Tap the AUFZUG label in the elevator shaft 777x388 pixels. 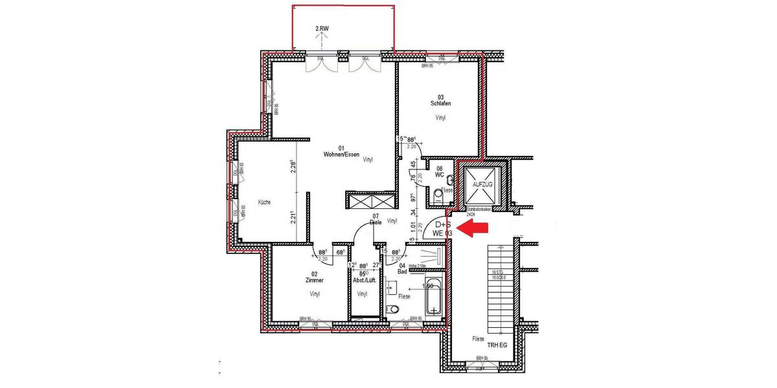tap(483, 184)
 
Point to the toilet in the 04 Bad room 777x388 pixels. tap(392, 310)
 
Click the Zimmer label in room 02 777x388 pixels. tap(314, 281)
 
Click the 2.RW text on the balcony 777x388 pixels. tap(322, 29)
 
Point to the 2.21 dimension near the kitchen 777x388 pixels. tap(293, 217)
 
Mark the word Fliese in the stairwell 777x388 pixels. tap(479, 338)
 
